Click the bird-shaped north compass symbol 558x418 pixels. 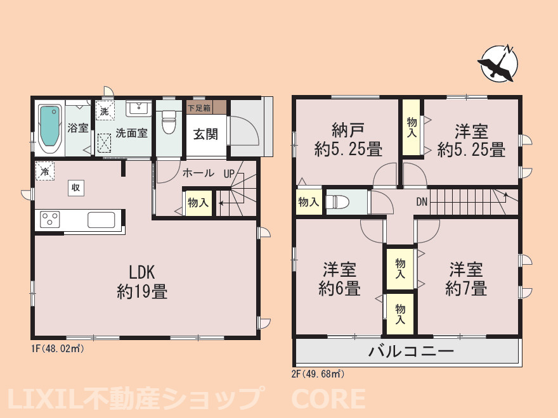[x=498, y=64]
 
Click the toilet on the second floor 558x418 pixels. [x=338, y=202]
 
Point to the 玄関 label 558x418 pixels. [x=205, y=134]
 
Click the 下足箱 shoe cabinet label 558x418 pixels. [x=199, y=108]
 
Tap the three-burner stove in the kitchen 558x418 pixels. [x=50, y=219]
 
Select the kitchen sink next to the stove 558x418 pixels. [x=101, y=220]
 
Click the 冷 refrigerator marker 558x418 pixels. [x=45, y=172]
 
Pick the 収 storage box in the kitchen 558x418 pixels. [x=76, y=187]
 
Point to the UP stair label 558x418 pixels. [x=229, y=174]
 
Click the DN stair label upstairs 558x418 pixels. [x=422, y=202]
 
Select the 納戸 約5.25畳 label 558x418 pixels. [x=347, y=140]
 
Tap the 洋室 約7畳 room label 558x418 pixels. [x=466, y=279]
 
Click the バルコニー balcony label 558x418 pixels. [x=411, y=351]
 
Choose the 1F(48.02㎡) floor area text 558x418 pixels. [x=58, y=349]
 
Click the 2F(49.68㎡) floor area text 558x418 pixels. [x=318, y=374]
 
